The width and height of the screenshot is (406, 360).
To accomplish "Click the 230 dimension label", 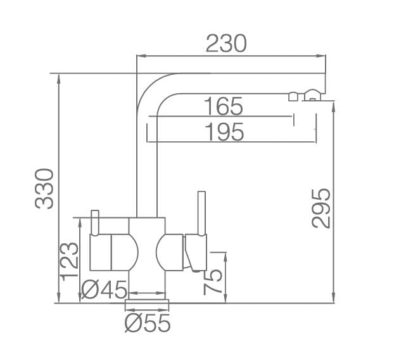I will (226, 44).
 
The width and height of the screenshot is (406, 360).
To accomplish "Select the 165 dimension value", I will (223, 106).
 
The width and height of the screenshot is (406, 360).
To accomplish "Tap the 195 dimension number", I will (225, 132).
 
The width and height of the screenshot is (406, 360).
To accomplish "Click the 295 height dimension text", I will (321, 207).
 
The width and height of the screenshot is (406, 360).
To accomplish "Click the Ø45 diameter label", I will (105, 290).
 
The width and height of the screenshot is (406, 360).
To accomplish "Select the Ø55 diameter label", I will (148, 323).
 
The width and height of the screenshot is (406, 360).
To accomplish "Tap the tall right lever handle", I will (201, 212).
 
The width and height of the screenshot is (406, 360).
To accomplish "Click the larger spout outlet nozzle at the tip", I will (314, 96).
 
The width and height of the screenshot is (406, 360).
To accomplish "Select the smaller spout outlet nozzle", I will (293, 96).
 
